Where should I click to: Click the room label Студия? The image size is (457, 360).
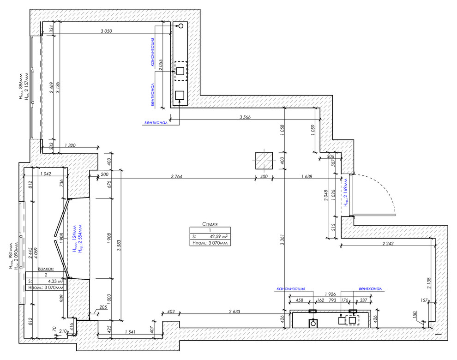pos(210,224)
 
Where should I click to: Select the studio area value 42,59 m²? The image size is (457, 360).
pos(219,235)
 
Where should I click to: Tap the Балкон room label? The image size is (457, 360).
pos(46,269)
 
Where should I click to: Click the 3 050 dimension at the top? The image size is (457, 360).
pos(107,31)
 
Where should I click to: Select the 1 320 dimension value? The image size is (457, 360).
pos(70,145)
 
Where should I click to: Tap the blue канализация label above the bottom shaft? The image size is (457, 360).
pos(291,289)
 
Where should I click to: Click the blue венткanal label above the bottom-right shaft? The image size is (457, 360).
pos(367,289)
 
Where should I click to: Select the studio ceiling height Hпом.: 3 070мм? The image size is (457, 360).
pos(210,242)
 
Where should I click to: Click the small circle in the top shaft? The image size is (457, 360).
pos(180,26)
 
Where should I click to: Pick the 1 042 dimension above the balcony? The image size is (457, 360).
pos(45,174)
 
